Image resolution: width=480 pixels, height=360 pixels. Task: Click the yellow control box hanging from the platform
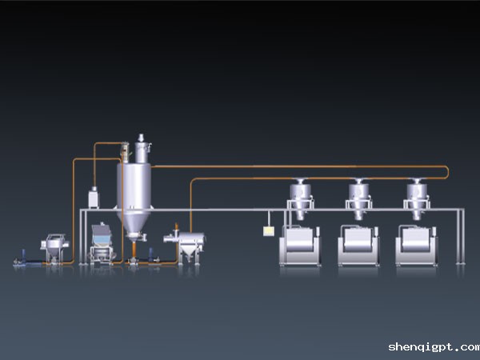pos(268,231)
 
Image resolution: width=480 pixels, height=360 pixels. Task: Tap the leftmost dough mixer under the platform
pos(300,246)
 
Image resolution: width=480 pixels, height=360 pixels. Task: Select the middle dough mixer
pos(358,246)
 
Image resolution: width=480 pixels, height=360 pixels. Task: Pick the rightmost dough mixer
pos(416,246)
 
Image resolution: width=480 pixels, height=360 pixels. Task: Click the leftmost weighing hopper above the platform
pos(300,198)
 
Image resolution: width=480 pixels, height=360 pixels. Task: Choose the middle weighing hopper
pos(358,198)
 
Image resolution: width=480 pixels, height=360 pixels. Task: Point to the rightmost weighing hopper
pos(417,198)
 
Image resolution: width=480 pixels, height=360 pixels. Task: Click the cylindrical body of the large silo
pos(134,186)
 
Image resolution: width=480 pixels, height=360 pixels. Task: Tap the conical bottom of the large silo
pos(134,222)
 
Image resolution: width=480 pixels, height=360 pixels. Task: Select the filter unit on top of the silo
pos(141,149)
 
